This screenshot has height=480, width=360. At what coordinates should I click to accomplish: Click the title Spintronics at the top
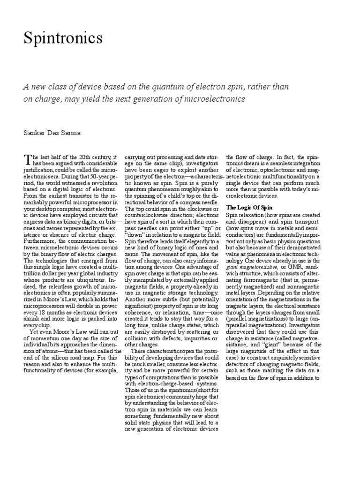(63, 38)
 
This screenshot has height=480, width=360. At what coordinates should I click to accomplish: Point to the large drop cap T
(27, 159)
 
